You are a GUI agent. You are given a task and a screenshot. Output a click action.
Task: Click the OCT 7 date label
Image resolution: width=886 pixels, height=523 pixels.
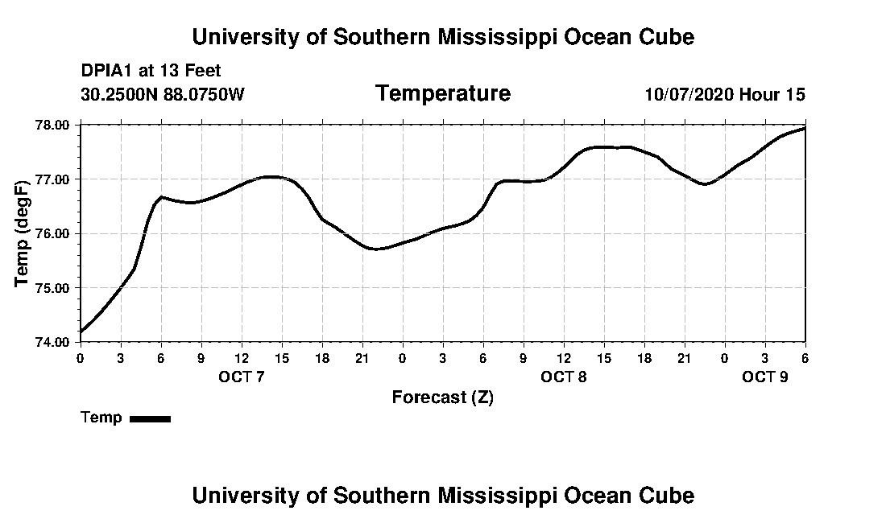[242, 377]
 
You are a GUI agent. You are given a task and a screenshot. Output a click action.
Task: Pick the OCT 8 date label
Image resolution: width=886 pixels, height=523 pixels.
[564, 377]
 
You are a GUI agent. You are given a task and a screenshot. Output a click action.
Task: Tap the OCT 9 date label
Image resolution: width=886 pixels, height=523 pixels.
[765, 377]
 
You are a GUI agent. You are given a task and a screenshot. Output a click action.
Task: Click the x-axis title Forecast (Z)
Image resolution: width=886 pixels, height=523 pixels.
[442, 397]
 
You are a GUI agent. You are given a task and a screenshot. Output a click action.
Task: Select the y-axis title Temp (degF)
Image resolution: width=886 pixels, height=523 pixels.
[23, 233]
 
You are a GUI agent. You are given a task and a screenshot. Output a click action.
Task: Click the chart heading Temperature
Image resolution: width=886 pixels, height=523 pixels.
[442, 93]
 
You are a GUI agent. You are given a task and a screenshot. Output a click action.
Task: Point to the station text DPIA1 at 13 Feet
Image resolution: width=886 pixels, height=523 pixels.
[151, 71]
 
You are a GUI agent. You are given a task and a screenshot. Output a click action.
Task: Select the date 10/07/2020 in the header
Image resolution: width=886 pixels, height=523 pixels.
[689, 94]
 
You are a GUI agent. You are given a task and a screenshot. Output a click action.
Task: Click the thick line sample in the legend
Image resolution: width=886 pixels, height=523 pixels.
[150, 418]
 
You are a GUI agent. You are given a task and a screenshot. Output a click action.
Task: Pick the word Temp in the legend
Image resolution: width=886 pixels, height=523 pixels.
[101, 418]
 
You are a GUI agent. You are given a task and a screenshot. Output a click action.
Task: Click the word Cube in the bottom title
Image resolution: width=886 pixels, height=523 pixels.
[670, 495]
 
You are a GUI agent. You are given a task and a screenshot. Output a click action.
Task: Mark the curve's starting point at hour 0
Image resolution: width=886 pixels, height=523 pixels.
[81, 331]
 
